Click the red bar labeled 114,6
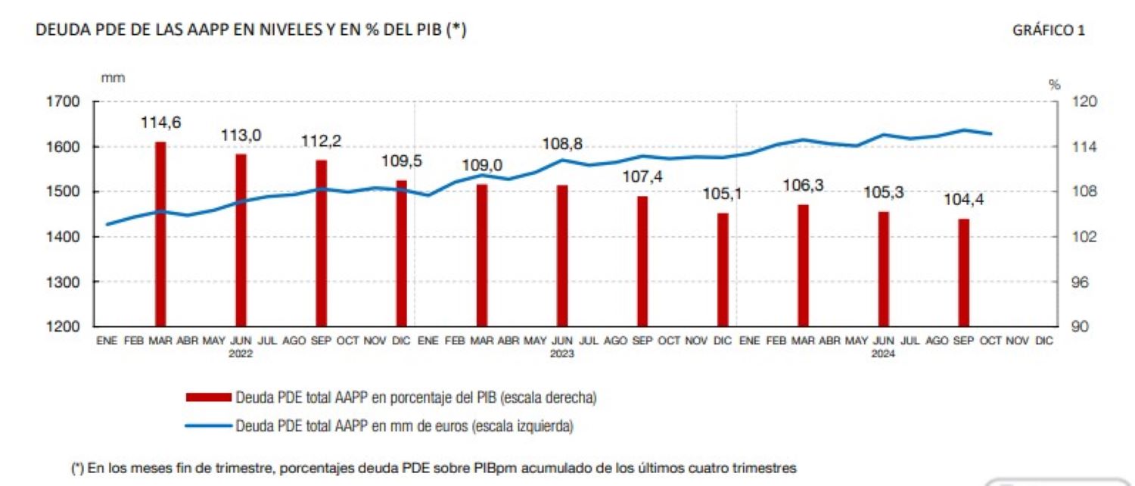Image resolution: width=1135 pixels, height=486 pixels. pos(160,234)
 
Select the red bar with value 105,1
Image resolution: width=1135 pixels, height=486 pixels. pos(723,269)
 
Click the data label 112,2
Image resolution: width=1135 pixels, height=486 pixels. pos(321,141)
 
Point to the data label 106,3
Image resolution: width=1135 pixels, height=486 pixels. pos(804,186)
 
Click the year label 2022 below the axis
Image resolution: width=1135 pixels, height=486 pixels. pos(241,354)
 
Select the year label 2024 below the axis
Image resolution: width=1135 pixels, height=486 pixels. pos(883,354)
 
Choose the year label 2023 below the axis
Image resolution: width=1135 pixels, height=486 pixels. pos(561,354)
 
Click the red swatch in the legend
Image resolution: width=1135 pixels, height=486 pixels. pos(208,397)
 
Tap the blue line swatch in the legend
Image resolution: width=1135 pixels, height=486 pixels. pos(208,426)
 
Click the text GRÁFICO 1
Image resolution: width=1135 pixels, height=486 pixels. pos(1048,30)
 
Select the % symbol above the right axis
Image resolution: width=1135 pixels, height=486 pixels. pos(1054,85)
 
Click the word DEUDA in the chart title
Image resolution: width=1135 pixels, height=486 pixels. pos(56,30)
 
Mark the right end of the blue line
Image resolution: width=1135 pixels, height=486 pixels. pos(991,134)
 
